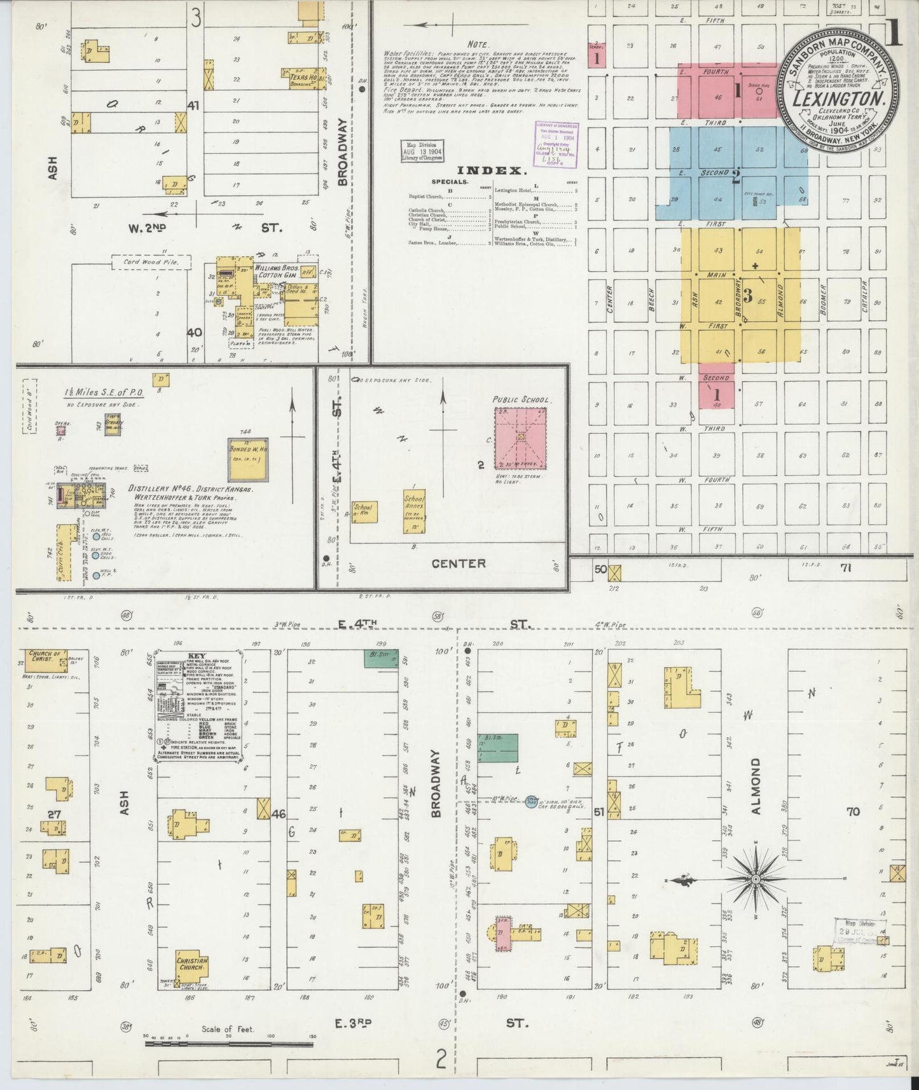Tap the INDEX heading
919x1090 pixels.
coord(493,170)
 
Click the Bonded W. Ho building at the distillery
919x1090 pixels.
coord(247,459)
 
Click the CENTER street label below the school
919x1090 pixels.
coord(458,563)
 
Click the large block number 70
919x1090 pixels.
coord(852,811)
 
